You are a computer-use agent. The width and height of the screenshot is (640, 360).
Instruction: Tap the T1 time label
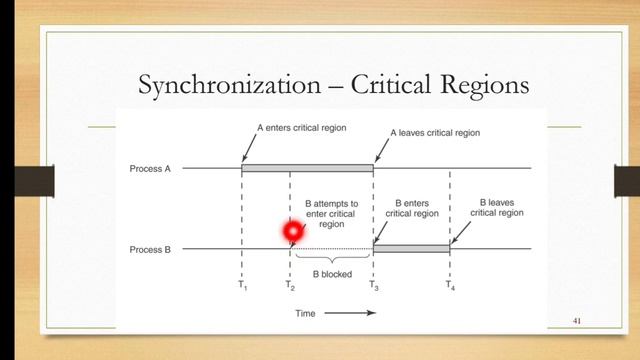(242, 286)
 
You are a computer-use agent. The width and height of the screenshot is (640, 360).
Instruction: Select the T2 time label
(290, 286)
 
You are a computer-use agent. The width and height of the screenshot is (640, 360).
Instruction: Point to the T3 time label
(373, 286)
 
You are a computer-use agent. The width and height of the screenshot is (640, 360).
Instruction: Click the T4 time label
(450, 286)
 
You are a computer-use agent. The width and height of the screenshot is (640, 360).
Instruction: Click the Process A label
(151, 169)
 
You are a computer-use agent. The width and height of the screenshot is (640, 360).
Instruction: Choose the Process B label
(151, 249)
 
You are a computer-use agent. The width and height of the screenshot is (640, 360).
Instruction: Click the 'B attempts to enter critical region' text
(331, 213)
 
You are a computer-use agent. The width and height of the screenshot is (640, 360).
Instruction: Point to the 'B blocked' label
(332, 273)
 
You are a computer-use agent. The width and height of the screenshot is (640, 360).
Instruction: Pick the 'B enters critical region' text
(411, 207)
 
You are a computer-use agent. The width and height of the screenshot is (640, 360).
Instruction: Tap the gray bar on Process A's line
(307, 168)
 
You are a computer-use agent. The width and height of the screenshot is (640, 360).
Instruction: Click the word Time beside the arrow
(308, 313)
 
